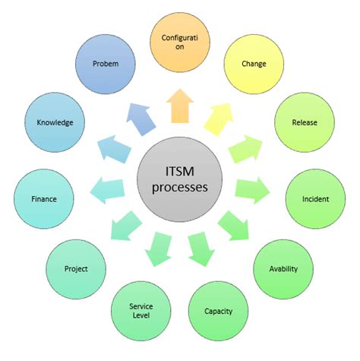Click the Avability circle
pos(283,268)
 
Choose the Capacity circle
pos(218,310)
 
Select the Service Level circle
pos(141,311)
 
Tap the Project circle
pos(76,269)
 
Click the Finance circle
pos(44,199)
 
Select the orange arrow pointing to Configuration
pos(179,106)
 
